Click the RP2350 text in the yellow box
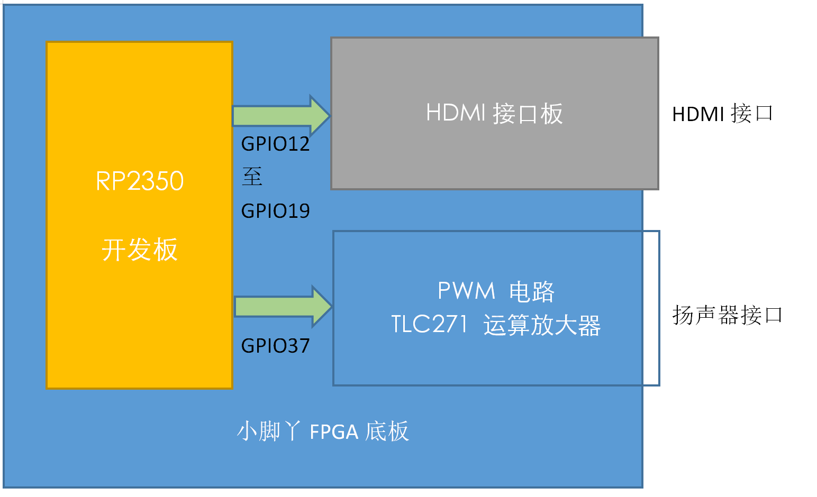point(140,181)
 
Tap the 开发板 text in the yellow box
point(140,250)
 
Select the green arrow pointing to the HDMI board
point(282,116)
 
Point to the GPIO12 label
point(275,144)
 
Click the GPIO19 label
point(275,211)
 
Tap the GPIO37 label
point(275,345)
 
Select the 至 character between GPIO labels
point(252,177)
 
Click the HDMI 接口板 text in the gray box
point(495,113)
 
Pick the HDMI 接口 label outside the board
point(722,113)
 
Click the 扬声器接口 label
point(727,315)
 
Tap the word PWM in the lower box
point(466,291)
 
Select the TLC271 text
point(429,324)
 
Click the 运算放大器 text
point(542,325)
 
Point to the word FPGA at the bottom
point(334,432)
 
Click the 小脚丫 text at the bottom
point(269,431)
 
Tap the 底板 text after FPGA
point(387,431)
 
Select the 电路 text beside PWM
point(532,291)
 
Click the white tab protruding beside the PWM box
point(651,308)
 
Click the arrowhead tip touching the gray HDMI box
point(330,116)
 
